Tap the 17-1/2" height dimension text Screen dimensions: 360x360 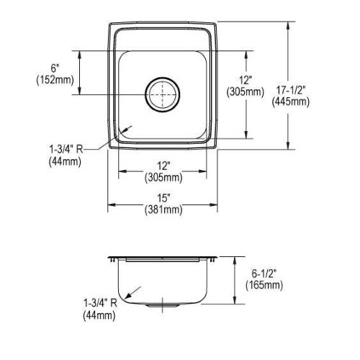coord(291,90)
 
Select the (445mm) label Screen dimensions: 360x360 coord(291,102)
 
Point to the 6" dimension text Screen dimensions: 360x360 coord(55,68)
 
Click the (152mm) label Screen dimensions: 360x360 coord(55,80)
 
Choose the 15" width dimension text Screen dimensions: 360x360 coord(163,198)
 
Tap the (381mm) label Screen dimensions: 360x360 coord(163,210)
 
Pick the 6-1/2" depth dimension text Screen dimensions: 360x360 coord(264,274)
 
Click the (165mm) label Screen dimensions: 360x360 coord(264,285)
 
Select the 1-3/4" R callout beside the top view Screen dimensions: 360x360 coord(66,150)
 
